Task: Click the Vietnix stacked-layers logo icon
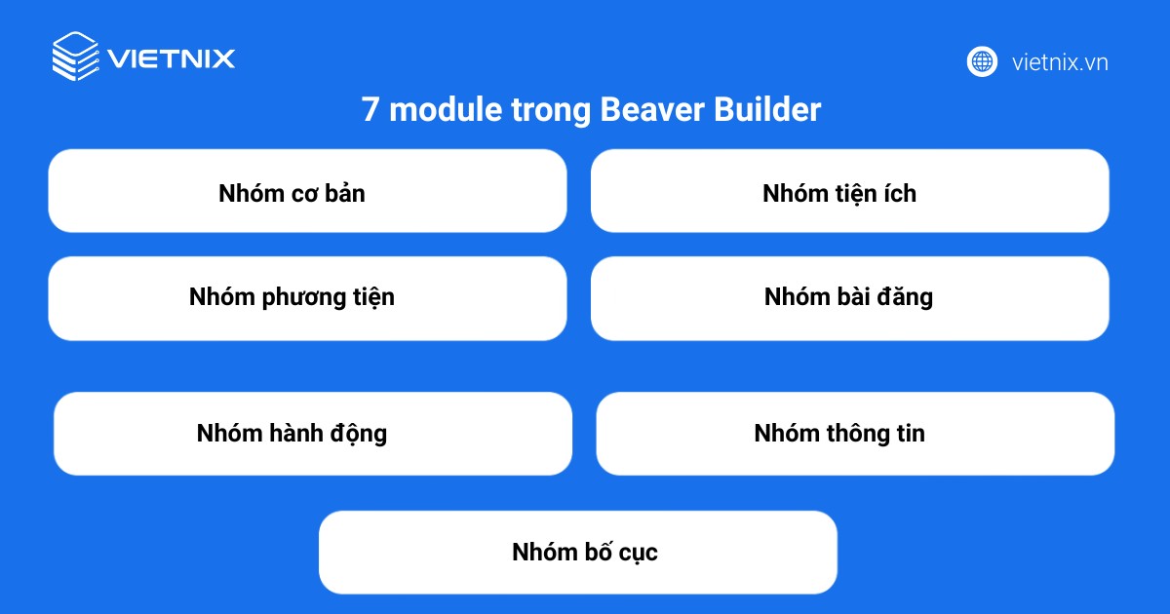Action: point(75,57)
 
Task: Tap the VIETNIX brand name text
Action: point(172,58)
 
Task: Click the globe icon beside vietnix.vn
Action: point(982,61)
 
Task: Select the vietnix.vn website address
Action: point(1060,62)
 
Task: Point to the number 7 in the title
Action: point(370,110)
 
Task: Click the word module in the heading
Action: point(434,110)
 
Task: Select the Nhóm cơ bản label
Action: point(292,193)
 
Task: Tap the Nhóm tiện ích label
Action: point(839,193)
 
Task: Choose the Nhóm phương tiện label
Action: point(292,296)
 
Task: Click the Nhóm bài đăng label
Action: point(848,296)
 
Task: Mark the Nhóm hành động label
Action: point(292,433)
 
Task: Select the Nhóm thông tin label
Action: point(839,433)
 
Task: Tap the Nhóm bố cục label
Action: point(585,553)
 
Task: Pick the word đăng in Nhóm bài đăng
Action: point(904,296)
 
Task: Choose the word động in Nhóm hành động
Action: point(357,433)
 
